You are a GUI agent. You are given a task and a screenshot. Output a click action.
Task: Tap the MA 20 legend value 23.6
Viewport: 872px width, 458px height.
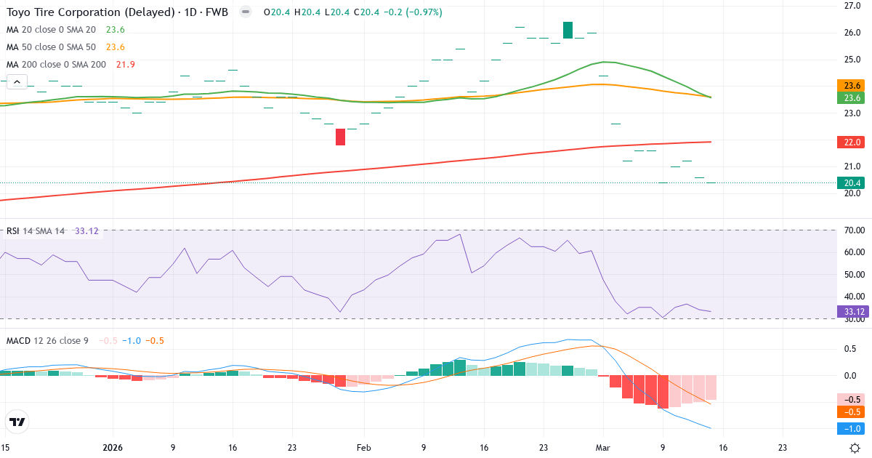pyautogui.click(x=116, y=30)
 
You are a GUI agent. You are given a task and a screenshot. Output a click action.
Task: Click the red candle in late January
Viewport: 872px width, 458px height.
pyautogui.click(x=340, y=137)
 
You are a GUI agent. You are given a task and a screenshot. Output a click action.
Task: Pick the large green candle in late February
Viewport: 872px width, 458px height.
pyautogui.click(x=568, y=30)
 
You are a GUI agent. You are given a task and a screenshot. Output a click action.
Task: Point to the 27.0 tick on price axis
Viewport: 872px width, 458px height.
pyautogui.click(x=852, y=6)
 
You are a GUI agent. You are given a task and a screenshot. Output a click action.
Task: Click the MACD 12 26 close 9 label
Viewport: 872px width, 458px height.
pyautogui.click(x=47, y=340)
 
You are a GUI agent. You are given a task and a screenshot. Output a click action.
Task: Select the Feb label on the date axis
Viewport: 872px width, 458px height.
pyautogui.click(x=364, y=448)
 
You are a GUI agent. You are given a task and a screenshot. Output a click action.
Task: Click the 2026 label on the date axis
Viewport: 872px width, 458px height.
pyautogui.click(x=113, y=448)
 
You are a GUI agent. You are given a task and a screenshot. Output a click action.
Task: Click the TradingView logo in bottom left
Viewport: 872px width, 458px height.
pyautogui.click(x=17, y=422)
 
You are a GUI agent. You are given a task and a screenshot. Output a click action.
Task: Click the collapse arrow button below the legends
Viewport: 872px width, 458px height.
pyautogui.click(x=17, y=82)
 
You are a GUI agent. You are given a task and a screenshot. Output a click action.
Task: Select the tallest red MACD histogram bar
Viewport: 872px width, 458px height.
pyautogui.click(x=663, y=392)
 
